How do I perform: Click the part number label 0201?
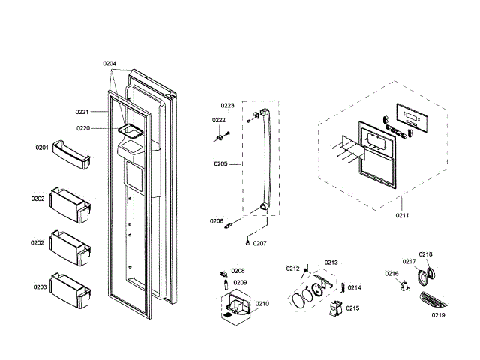click(41, 148)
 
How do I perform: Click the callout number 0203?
click(39, 286)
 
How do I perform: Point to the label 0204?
click(109, 64)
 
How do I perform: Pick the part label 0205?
click(220, 163)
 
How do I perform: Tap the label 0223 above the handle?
click(227, 106)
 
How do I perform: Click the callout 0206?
click(216, 220)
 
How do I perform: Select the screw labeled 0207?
click(248, 241)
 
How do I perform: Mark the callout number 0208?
click(238, 271)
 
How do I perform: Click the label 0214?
click(354, 287)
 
